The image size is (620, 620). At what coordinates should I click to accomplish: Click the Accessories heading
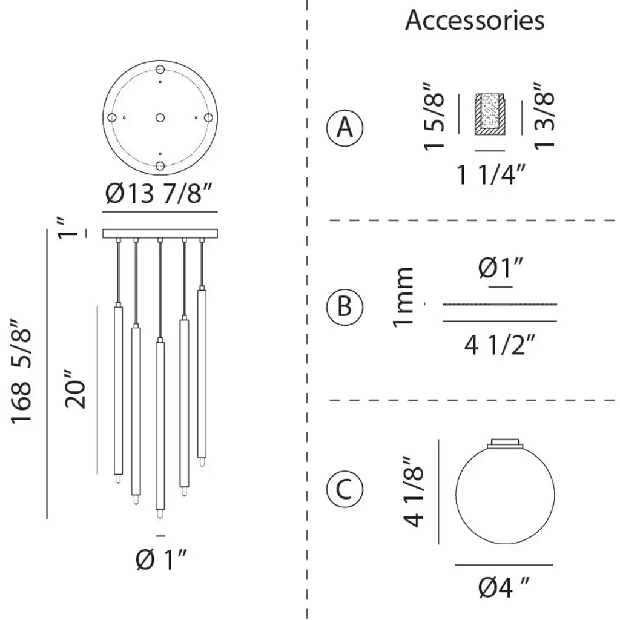pyautogui.click(x=475, y=20)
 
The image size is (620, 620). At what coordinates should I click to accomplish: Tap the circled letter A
pyautogui.click(x=345, y=128)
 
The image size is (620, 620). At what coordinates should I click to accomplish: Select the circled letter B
pyautogui.click(x=345, y=306)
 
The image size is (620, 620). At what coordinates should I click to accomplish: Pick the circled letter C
pyautogui.click(x=345, y=489)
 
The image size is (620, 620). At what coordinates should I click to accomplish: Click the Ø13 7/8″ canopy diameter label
pyautogui.click(x=159, y=193)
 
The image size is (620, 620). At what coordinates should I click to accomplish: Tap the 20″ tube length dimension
pyautogui.click(x=75, y=389)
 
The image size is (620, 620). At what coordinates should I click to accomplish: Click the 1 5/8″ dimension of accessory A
pyautogui.click(x=434, y=116)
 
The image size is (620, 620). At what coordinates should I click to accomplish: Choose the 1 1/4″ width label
pyautogui.click(x=491, y=174)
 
